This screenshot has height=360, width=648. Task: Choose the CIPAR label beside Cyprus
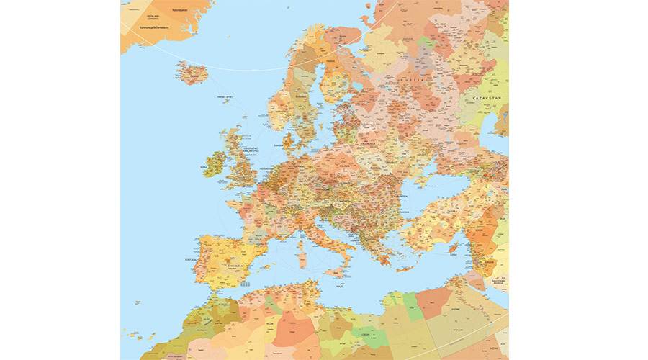click(x=454, y=253)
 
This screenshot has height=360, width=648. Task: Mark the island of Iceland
click(x=192, y=72)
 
